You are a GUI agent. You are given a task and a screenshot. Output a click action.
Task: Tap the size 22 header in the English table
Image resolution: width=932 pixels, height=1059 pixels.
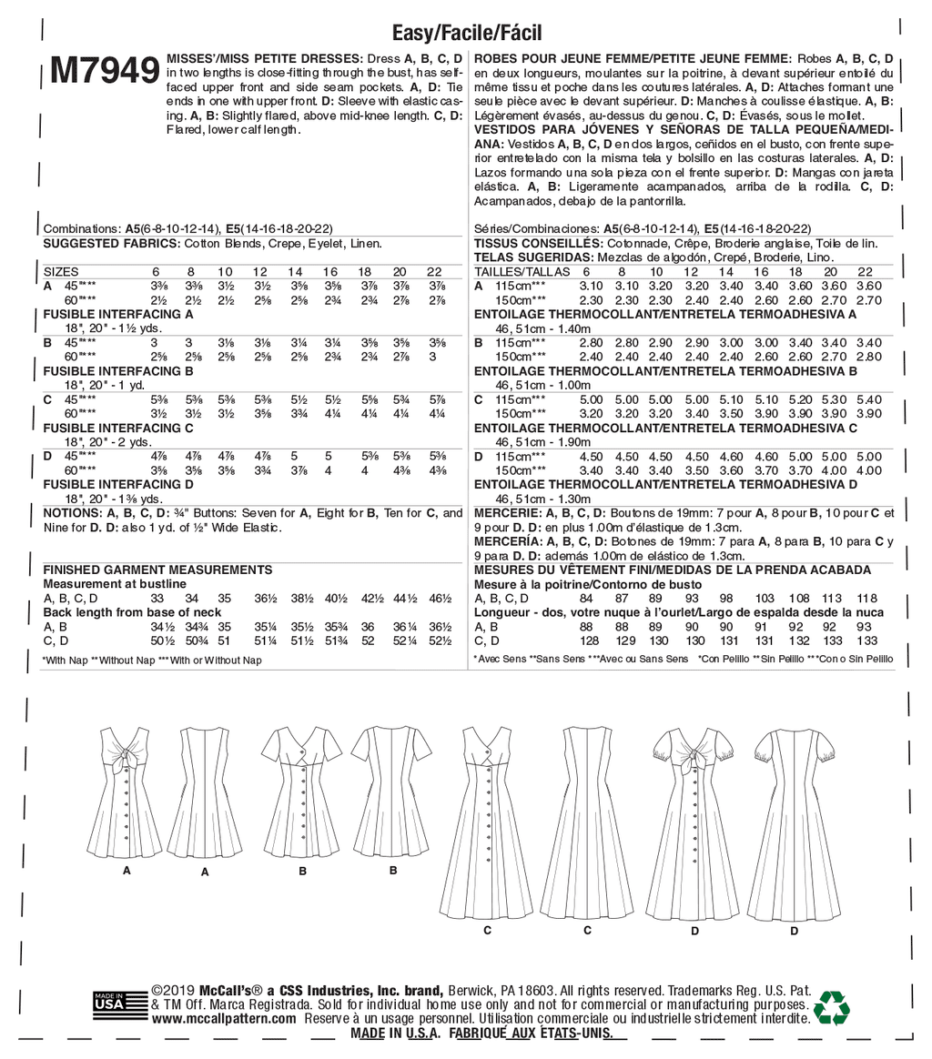pos(434,272)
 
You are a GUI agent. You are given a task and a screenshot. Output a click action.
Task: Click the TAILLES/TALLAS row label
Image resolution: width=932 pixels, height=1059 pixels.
pos(522,272)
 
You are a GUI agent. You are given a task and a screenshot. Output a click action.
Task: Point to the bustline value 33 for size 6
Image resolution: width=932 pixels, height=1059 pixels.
pos(157,598)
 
